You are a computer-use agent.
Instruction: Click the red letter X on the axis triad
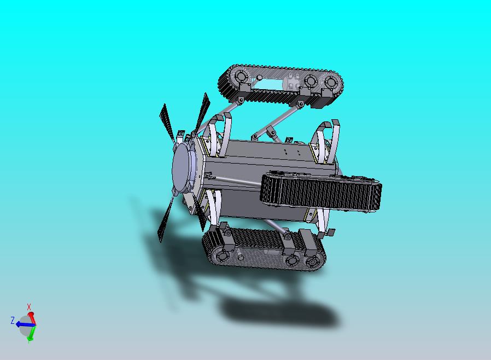click(29, 307)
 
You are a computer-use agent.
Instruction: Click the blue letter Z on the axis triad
click(13, 320)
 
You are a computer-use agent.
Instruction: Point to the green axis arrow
click(32, 334)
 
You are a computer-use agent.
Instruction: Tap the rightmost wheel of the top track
click(330, 83)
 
